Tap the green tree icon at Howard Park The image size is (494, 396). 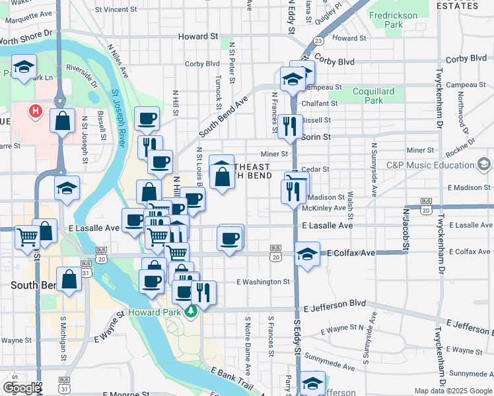192,311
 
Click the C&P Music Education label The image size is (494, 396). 430,165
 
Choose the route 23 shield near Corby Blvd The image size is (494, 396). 318,41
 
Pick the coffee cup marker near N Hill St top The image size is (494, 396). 147,119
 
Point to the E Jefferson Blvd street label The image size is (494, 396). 334,308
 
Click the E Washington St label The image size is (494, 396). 263,282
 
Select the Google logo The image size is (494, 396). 22,388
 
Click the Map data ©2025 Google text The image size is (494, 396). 452,391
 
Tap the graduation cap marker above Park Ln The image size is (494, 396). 24,68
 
